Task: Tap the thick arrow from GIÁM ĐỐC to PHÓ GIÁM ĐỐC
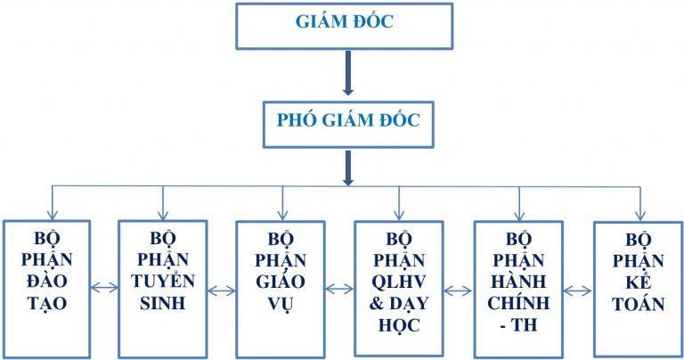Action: coord(347,75)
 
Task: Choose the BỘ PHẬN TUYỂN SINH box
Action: coord(163,285)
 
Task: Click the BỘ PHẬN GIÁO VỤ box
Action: coord(281,285)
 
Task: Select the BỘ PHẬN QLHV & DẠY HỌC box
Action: coord(399,285)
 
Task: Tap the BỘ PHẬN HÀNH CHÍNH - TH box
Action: coord(517,285)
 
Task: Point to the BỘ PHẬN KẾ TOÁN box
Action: coord(637,285)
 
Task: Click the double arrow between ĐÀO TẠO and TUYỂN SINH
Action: coord(104,287)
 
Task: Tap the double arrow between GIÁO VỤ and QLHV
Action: coord(339,289)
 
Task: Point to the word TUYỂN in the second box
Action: coord(163,281)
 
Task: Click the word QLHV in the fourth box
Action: coord(399,282)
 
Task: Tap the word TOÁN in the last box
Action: coord(639,304)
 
